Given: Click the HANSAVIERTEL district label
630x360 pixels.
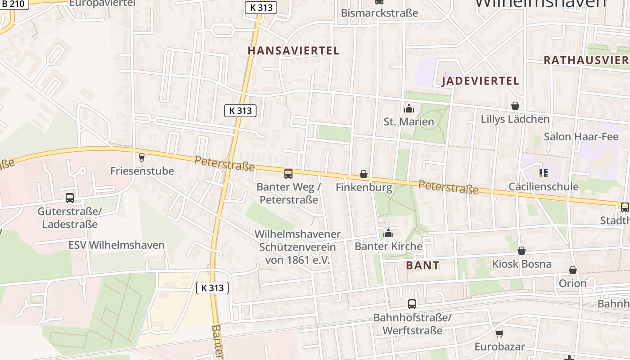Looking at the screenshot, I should pos(293,50).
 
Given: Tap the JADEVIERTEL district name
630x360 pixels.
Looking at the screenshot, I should pos(480,81).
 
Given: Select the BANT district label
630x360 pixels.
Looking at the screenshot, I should pos(422,265).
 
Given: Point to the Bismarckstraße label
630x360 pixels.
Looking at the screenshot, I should pos(379,13).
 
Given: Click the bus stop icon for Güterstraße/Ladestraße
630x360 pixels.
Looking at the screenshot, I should pos(70,198).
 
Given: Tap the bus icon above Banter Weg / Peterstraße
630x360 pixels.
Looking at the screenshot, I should pos(288,174).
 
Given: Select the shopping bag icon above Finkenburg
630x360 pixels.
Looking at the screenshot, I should pos(364,174).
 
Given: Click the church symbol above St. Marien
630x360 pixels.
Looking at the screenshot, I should pos(409,108).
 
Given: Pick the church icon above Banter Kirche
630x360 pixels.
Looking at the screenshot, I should pos(388,233).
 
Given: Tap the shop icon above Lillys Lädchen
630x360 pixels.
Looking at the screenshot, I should pos(515,106).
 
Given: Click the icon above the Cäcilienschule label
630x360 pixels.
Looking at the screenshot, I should pos(543,173).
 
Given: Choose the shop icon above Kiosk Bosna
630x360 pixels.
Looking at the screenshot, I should pos(522,251).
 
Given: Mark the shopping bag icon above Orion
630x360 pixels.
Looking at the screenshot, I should pos(573,270).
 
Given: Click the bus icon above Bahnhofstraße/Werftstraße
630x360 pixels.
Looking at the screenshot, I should pos(412,304).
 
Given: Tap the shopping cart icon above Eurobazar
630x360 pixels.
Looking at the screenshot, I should pos(499,333).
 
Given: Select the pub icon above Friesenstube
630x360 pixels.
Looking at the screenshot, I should pos(142,157).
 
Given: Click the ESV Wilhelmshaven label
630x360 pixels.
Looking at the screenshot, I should pos(117,245).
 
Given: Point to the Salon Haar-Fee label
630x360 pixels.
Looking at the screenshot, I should pos(581,136).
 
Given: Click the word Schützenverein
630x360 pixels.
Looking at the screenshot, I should pos(297,247).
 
